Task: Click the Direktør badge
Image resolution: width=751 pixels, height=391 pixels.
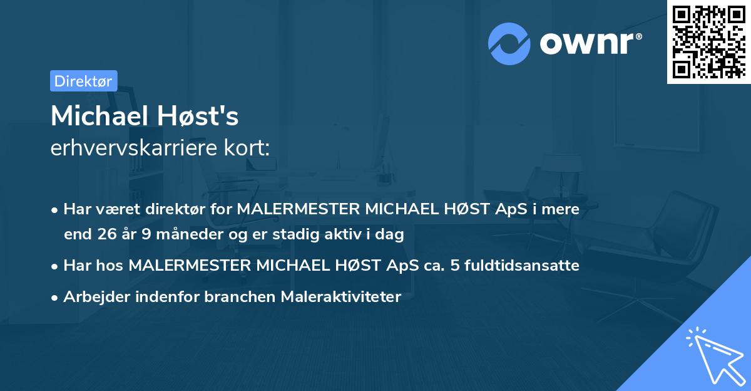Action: (x=83, y=81)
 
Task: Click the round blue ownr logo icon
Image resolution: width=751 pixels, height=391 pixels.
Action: (x=509, y=43)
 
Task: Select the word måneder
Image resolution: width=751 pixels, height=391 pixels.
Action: (x=178, y=234)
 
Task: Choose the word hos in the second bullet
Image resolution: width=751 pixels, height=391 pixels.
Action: (x=110, y=265)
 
